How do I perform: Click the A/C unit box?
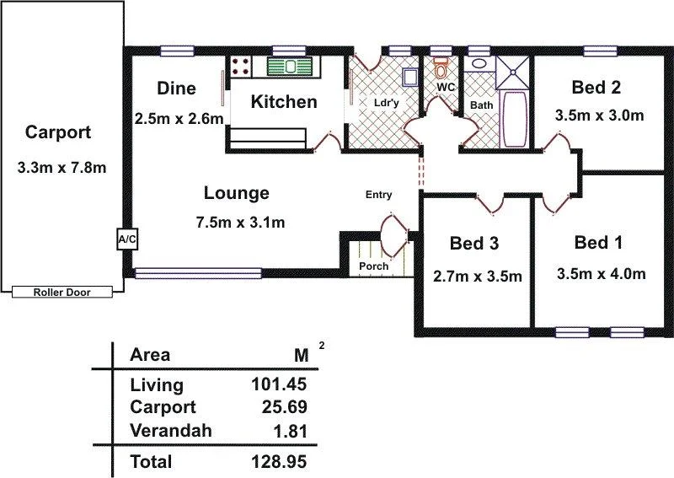coord(126,240)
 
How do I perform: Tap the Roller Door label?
coord(62,293)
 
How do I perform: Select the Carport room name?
coord(58,132)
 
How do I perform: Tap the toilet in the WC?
coord(440,67)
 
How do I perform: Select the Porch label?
coord(373,266)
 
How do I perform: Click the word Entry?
coord(378,195)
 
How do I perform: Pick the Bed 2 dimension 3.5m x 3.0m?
coord(599,115)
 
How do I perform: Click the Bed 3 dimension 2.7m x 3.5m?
coord(477,276)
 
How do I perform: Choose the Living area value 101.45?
coord(278,385)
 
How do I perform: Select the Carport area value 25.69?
coord(283,408)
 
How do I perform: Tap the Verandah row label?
coord(171,431)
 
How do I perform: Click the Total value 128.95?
coord(278,461)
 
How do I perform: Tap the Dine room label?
coord(177,89)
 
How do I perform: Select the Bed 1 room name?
coord(598,243)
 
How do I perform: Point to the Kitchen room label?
coord(285,102)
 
